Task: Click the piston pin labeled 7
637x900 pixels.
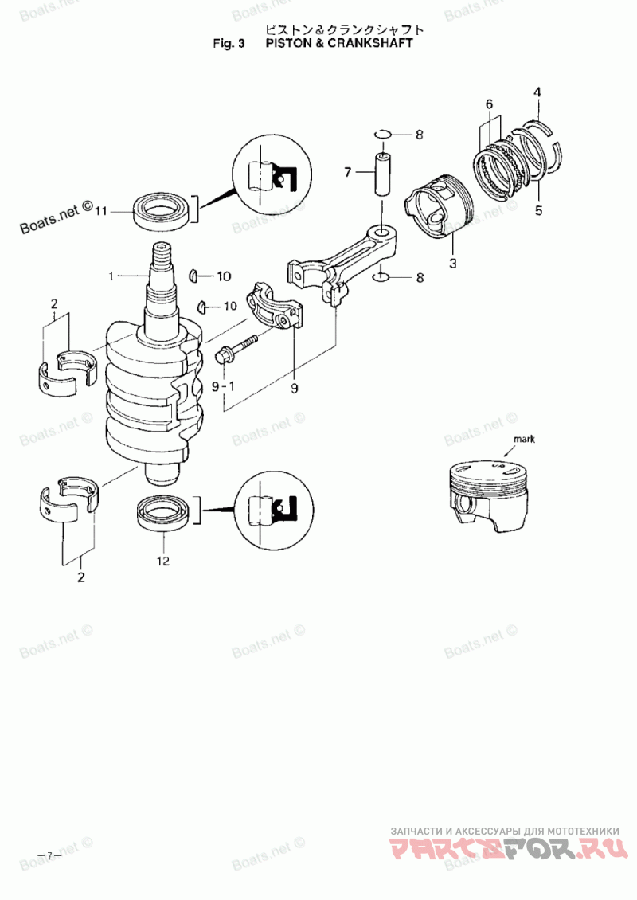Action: (x=383, y=174)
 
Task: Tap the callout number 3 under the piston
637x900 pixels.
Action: (x=453, y=264)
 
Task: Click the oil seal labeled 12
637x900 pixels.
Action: (x=162, y=513)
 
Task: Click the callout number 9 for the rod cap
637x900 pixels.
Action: (x=295, y=389)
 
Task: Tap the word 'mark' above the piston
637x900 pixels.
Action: (x=525, y=439)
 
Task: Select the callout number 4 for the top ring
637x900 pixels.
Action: (x=537, y=92)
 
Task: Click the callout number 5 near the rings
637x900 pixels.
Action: (x=538, y=210)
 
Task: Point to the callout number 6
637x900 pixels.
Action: (x=489, y=104)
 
